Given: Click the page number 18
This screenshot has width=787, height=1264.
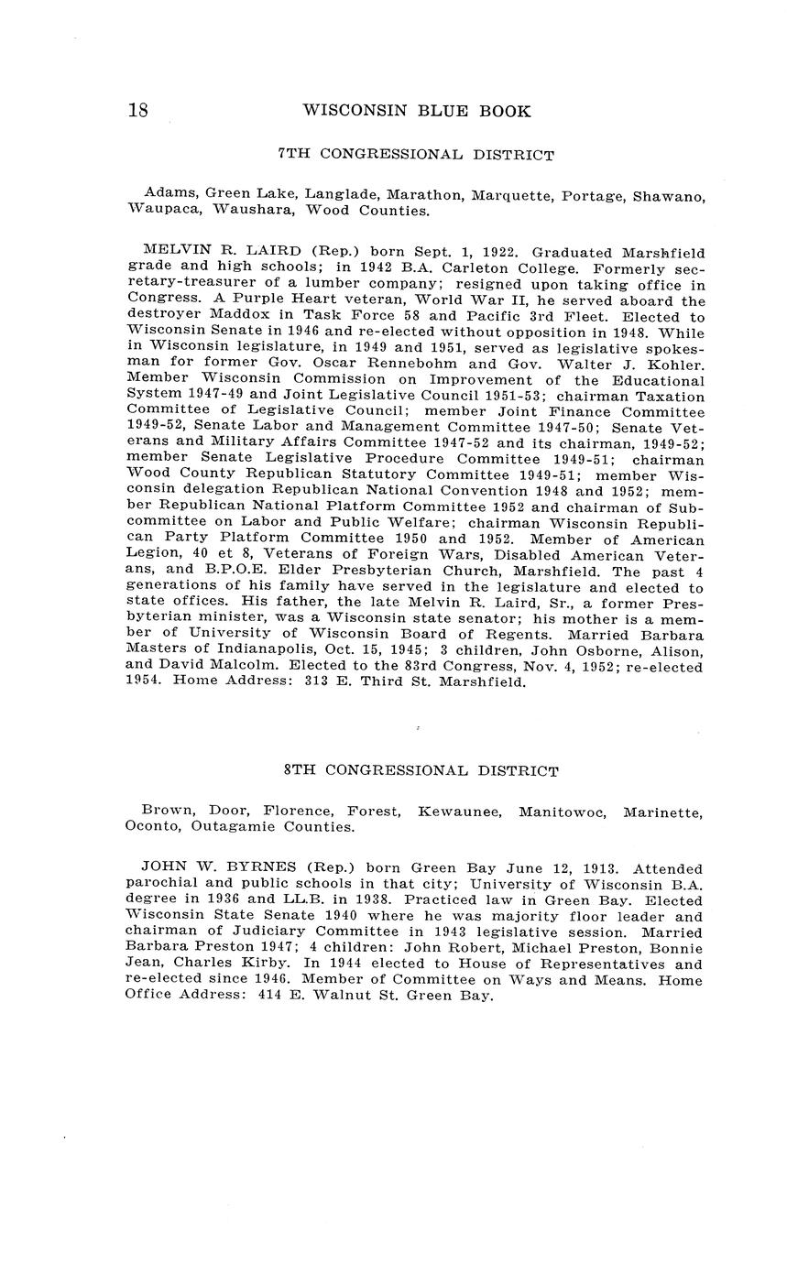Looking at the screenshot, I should click(137, 111).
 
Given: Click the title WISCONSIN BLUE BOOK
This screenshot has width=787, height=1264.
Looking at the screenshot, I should click(416, 111).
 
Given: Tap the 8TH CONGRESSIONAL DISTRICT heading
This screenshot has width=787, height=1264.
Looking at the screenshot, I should click(421, 771).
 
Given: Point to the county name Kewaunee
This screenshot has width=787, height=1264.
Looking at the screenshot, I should click(459, 811).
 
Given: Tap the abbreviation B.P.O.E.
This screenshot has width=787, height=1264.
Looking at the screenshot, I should click(197, 571).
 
